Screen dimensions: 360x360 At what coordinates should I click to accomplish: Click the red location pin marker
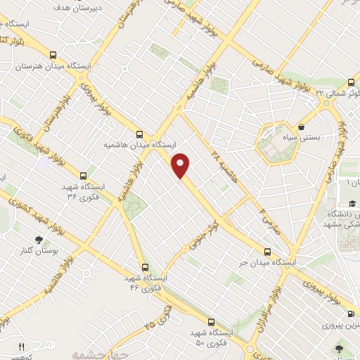181,165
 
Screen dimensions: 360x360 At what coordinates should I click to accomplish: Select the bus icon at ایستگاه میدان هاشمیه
140,134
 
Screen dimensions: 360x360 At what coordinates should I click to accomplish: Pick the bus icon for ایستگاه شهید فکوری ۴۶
145,267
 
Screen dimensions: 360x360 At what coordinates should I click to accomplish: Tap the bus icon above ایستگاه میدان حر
267,252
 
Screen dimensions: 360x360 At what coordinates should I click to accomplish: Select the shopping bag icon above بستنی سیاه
302,127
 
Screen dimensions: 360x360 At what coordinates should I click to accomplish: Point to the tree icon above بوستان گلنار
38,240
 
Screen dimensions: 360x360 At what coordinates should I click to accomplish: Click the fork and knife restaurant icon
21,347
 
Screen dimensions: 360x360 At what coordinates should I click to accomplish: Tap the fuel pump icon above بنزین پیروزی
350,315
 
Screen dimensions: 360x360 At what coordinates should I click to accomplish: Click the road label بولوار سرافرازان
281,299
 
